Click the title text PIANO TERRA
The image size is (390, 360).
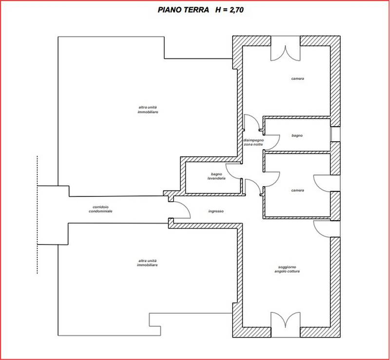tap(183, 10)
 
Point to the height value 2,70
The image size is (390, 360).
tap(235, 10)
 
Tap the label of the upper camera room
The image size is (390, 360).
tap(297, 78)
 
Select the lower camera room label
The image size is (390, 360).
tap(297, 190)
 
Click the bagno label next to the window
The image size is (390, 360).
tap(297, 135)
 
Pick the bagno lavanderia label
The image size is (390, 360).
tap(216, 176)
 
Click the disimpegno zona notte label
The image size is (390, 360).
tap(253, 142)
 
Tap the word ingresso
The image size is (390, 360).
tap(216, 211)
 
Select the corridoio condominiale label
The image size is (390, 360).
tap(100, 209)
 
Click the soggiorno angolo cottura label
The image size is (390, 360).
tap(287, 269)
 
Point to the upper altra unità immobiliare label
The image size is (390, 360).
tap(148, 110)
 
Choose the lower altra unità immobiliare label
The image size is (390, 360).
tap(147, 263)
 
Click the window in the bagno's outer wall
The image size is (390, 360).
tap(335, 134)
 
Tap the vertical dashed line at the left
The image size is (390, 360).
tap(38, 215)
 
